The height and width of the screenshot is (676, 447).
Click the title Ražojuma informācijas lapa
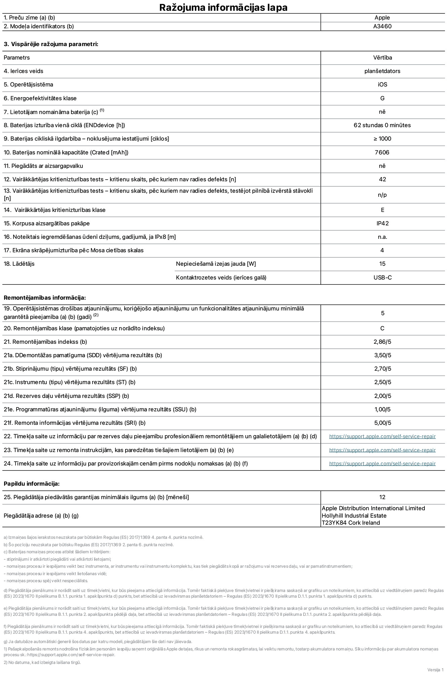pyautogui.click(x=223, y=7)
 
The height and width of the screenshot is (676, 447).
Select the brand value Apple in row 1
pyautogui.click(x=382, y=17)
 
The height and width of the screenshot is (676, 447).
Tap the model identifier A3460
pyautogui.click(x=382, y=26)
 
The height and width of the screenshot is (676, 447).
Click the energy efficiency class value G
pyautogui.click(x=382, y=98)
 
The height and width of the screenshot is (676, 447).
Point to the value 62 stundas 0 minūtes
pyautogui.click(x=382, y=125)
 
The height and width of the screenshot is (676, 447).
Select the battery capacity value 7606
pyautogui.click(x=382, y=152)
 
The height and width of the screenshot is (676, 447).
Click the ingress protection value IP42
pyautogui.click(x=382, y=223)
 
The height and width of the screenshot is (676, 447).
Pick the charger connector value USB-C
pyautogui.click(x=382, y=277)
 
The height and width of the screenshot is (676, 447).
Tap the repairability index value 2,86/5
pyautogui.click(x=382, y=342)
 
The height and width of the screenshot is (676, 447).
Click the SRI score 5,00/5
pyautogui.click(x=382, y=423)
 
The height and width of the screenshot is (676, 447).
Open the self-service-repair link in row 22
pyautogui.click(x=382, y=437)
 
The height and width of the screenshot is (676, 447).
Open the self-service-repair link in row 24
pyautogui.click(x=382, y=463)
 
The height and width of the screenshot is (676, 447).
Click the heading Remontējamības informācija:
pyautogui.click(x=45, y=298)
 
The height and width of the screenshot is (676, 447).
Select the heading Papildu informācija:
pyautogui.click(x=32, y=484)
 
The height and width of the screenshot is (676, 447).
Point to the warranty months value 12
pyautogui.click(x=382, y=497)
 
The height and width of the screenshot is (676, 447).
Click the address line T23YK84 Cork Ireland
pyautogui.click(x=351, y=523)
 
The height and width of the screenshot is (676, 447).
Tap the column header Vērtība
pyautogui.click(x=382, y=58)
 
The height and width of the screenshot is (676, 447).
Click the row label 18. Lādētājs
pyautogui.click(x=19, y=264)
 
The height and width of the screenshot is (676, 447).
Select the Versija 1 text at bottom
pyautogui.click(x=435, y=670)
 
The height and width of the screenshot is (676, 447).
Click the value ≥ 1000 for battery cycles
pyautogui.click(x=382, y=139)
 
